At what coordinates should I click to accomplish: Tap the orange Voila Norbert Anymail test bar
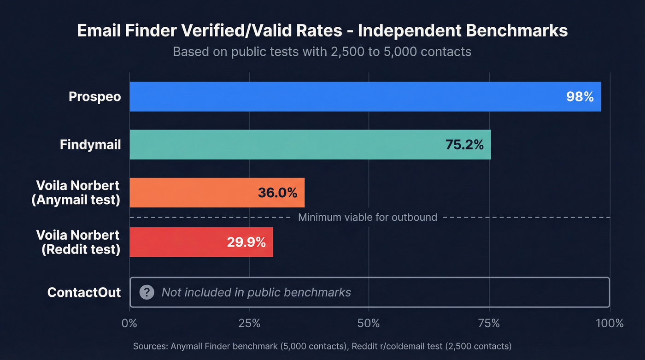tap(193, 193)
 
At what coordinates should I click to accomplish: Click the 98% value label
tap(580, 97)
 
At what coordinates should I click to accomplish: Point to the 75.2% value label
tap(464, 145)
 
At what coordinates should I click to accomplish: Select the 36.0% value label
tap(277, 193)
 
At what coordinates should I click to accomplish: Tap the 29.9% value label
tap(246, 242)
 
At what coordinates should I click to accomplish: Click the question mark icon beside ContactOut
tap(147, 292)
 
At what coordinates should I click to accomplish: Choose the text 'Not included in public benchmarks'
tap(256, 292)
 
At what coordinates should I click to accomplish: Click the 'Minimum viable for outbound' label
tap(367, 217)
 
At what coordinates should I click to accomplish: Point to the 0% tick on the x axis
tap(129, 323)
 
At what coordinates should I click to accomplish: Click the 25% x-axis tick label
tap(249, 323)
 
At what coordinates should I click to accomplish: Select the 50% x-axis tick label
tap(369, 323)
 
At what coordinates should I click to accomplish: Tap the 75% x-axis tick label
tap(488, 323)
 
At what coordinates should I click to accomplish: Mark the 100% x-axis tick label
tap(609, 323)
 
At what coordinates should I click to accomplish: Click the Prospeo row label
tap(94, 97)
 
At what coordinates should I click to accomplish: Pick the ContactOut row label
tap(84, 292)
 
